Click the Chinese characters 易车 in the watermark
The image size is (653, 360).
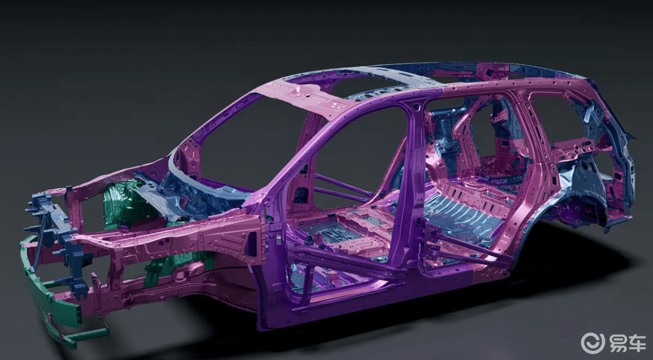click(628, 344)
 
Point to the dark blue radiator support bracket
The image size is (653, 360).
click(59, 237)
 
